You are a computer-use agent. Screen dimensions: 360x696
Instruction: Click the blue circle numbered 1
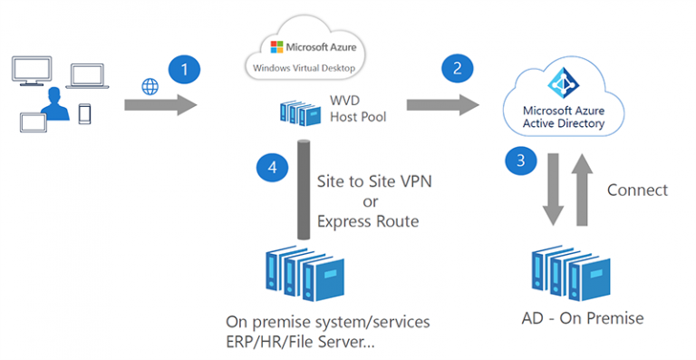(x=184, y=69)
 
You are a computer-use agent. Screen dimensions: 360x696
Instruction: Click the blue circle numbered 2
(x=456, y=69)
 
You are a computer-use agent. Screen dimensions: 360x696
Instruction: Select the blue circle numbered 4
(x=271, y=167)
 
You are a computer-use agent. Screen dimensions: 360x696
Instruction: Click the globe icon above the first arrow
(x=150, y=86)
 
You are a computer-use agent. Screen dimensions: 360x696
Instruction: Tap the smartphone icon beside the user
(x=85, y=114)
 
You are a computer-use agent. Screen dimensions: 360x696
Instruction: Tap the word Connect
(x=637, y=190)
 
